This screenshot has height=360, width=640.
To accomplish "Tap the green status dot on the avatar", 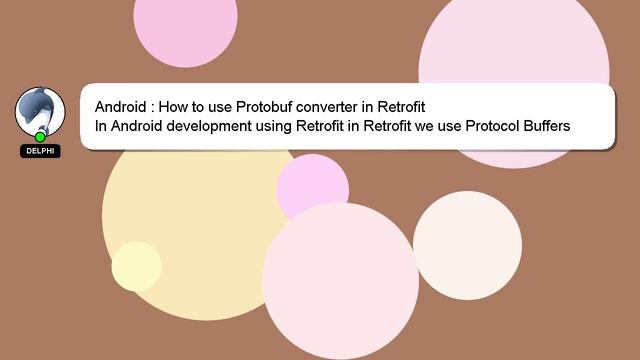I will (40, 137).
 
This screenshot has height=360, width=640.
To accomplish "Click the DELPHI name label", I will (40, 151).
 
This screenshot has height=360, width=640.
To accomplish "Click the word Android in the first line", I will (123, 107).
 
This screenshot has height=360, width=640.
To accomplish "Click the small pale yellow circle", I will (136, 266).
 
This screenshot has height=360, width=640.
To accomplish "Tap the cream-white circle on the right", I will (467, 245).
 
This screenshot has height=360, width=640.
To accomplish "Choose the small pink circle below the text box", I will (313, 186).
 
